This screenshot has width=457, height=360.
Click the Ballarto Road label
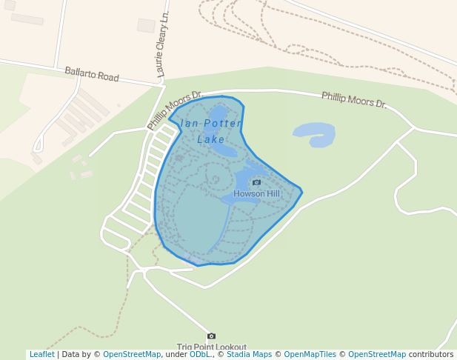click(92, 74)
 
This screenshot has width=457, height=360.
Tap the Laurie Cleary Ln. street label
click(164, 44)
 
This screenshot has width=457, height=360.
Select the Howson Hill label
click(257, 193)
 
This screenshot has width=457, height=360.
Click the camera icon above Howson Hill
click(257, 182)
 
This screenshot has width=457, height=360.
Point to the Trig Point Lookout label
click(211, 347)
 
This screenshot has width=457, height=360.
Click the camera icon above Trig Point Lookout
click(211, 336)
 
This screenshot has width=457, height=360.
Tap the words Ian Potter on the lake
click(207, 124)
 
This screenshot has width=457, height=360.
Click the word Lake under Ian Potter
click(211, 139)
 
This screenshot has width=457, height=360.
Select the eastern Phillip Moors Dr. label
click(354, 99)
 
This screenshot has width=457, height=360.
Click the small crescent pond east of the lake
click(316, 134)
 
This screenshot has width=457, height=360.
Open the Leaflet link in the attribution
click(41, 354)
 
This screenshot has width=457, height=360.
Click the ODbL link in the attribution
click(199, 354)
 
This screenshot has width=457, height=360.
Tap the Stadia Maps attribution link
click(249, 354)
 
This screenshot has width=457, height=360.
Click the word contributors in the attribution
click(431, 354)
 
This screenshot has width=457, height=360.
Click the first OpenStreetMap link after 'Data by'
click(132, 354)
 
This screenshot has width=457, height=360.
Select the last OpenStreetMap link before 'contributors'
click(377, 354)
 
